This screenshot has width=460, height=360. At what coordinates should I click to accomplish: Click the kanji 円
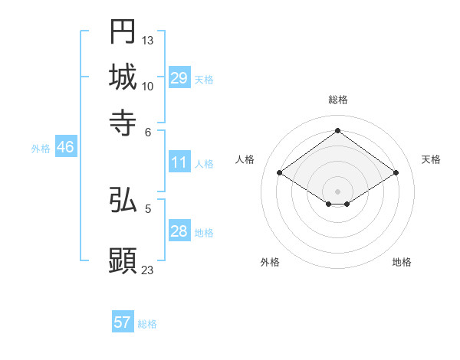(x=123, y=31)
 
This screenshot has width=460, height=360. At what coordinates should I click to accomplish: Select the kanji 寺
(x=123, y=122)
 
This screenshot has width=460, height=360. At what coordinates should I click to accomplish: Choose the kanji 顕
(x=123, y=260)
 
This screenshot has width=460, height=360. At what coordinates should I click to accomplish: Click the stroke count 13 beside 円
(x=148, y=40)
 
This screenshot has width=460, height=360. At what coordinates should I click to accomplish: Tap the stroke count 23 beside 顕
(x=148, y=269)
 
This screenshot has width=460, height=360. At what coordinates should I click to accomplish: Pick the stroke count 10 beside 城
(x=148, y=86)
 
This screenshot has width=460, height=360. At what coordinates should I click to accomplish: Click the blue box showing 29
(x=179, y=78)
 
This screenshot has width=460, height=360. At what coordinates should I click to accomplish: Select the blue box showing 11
(x=179, y=162)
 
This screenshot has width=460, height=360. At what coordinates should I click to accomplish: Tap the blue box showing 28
(x=179, y=231)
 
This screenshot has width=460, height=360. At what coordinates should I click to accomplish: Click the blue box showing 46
(x=65, y=148)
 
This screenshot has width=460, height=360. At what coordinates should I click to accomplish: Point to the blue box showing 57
(x=123, y=322)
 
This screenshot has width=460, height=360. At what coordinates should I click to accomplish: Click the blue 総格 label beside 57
(x=147, y=324)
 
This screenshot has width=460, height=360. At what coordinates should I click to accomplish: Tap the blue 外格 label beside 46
(x=41, y=149)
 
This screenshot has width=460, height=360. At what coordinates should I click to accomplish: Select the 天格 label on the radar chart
(x=431, y=159)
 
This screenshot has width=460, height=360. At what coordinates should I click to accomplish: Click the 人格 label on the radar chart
(x=245, y=159)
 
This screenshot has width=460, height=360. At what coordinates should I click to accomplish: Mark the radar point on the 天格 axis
(x=396, y=173)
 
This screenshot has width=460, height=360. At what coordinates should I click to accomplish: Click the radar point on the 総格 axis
(x=337, y=130)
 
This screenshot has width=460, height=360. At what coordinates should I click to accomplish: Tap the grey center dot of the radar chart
(x=337, y=191)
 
